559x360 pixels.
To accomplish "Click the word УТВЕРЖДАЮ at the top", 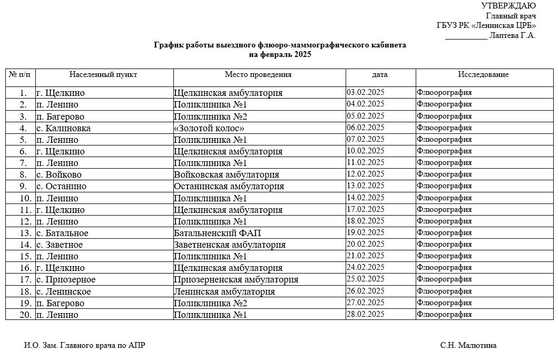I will [x=508, y=6].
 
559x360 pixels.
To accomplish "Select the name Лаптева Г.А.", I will [x=512, y=36].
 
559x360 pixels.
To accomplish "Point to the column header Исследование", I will [x=483, y=74].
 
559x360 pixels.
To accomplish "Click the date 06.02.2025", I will [x=366, y=128].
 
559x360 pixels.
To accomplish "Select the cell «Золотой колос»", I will [x=209, y=128].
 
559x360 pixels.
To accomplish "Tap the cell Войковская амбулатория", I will [x=227, y=174].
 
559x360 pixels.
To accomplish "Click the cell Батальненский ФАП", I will [x=217, y=233].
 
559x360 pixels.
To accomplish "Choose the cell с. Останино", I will [x=61, y=186].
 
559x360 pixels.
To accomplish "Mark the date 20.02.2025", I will [x=366, y=244].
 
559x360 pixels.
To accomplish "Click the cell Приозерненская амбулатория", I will [x=236, y=279].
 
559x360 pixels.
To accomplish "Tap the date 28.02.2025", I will [x=366, y=314].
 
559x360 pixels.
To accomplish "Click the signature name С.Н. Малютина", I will [x=468, y=346].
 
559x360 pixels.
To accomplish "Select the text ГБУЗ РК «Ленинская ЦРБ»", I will [x=486, y=26].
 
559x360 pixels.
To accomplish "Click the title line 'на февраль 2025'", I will [x=280, y=54].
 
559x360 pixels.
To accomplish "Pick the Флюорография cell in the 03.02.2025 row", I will [x=444, y=93].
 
